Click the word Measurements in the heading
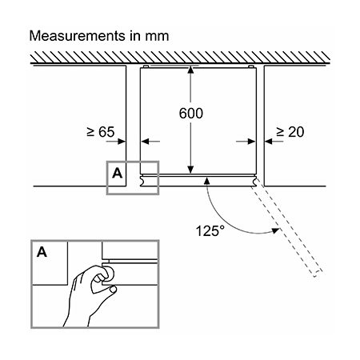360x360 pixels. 78,36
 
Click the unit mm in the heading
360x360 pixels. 157,37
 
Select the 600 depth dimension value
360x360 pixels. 191,114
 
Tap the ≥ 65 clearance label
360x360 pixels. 101,132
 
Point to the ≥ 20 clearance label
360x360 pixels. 290,132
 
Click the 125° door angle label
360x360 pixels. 210,231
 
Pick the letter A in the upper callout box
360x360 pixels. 117,174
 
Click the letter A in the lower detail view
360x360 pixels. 42,252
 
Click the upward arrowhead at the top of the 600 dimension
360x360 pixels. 190,70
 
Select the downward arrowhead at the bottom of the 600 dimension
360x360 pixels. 190,170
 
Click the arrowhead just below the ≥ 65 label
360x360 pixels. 122,142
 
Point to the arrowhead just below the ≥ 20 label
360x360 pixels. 269,142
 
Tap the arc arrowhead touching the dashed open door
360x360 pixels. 275,230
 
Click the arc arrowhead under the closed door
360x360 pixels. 206,181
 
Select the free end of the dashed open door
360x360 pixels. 318,274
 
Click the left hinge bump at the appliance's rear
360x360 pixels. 146,66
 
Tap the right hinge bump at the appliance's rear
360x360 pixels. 250,66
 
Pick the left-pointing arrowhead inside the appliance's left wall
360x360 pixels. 145,142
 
